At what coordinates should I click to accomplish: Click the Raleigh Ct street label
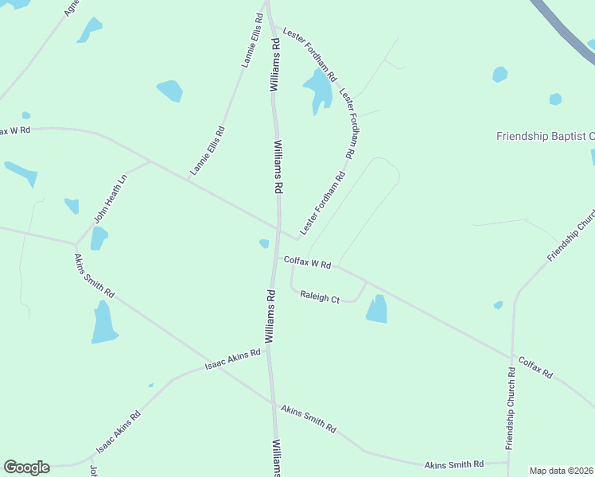pyautogui.click(x=320, y=298)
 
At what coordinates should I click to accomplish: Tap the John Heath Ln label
pyautogui.click(x=111, y=198)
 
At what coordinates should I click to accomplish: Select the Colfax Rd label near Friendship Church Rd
pyautogui.click(x=535, y=366)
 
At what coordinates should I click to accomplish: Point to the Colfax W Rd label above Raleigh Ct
pyautogui.click(x=306, y=262)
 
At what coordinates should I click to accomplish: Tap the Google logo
pyautogui.click(x=26, y=467)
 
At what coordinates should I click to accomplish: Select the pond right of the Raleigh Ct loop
pyautogui.click(x=377, y=309)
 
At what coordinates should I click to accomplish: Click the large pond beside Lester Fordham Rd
pyautogui.click(x=319, y=88)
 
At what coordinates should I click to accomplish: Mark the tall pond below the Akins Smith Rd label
pyautogui.click(x=104, y=323)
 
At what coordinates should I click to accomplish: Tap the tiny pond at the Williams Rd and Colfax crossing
pyautogui.click(x=264, y=243)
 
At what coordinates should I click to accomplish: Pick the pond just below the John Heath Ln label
pyautogui.click(x=99, y=238)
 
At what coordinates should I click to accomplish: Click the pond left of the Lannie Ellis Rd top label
pyautogui.click(x=169, y=91)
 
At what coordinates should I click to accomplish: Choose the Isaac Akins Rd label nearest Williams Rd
pyautogui.click(x=232, y=360)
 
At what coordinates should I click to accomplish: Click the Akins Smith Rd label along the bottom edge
pyautogui.click(x=453, y=464)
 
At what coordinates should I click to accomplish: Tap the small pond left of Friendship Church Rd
pyautogui.click(x=498, y=305)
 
